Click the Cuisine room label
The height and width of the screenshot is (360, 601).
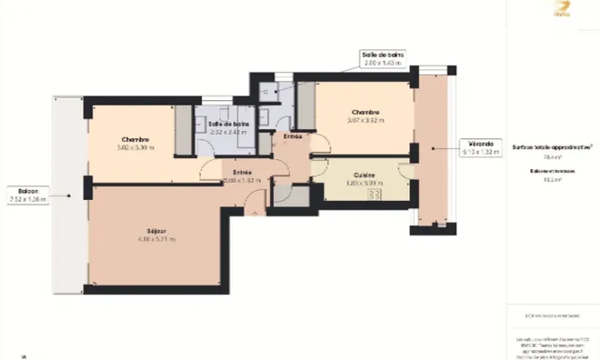click(x=366, y=175)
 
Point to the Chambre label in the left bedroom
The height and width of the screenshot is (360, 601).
click(x=135, y=139)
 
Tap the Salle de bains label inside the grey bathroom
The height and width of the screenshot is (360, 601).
click(x=228, y=124)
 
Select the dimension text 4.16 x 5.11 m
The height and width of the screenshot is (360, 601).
click(x=156, y=239)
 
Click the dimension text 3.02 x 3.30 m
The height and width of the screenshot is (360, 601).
click(x=135, y=147)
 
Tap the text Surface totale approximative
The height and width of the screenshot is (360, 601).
click(x=552, y=145)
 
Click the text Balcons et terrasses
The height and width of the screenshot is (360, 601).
click(x=551, y=170)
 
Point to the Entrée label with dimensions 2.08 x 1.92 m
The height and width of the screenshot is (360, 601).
click(x=242, y=172)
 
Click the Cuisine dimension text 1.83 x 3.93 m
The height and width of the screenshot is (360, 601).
click(x=366, y=183)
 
